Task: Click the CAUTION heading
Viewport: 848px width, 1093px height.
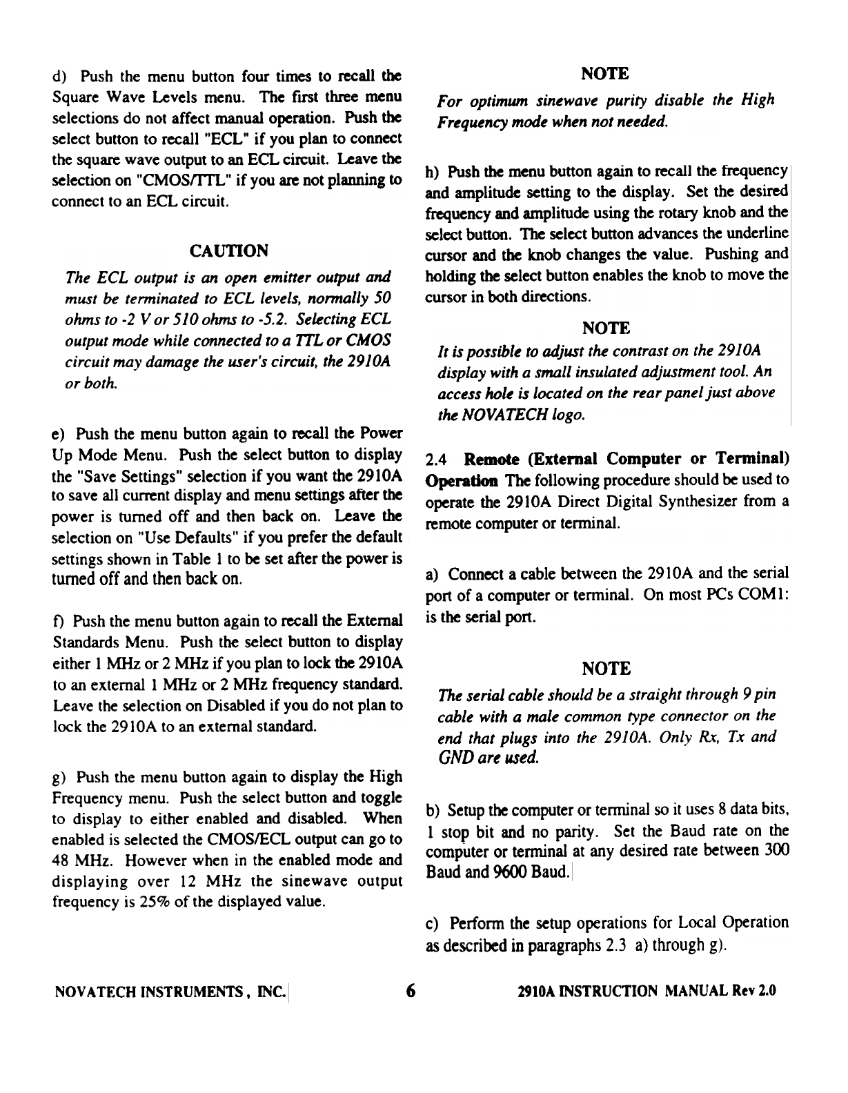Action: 228,249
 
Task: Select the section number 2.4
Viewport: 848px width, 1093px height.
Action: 437,460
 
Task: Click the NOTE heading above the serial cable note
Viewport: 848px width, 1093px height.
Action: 606,668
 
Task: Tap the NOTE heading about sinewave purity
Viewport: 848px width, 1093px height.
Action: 606,73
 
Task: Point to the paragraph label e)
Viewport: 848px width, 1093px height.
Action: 59,435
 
